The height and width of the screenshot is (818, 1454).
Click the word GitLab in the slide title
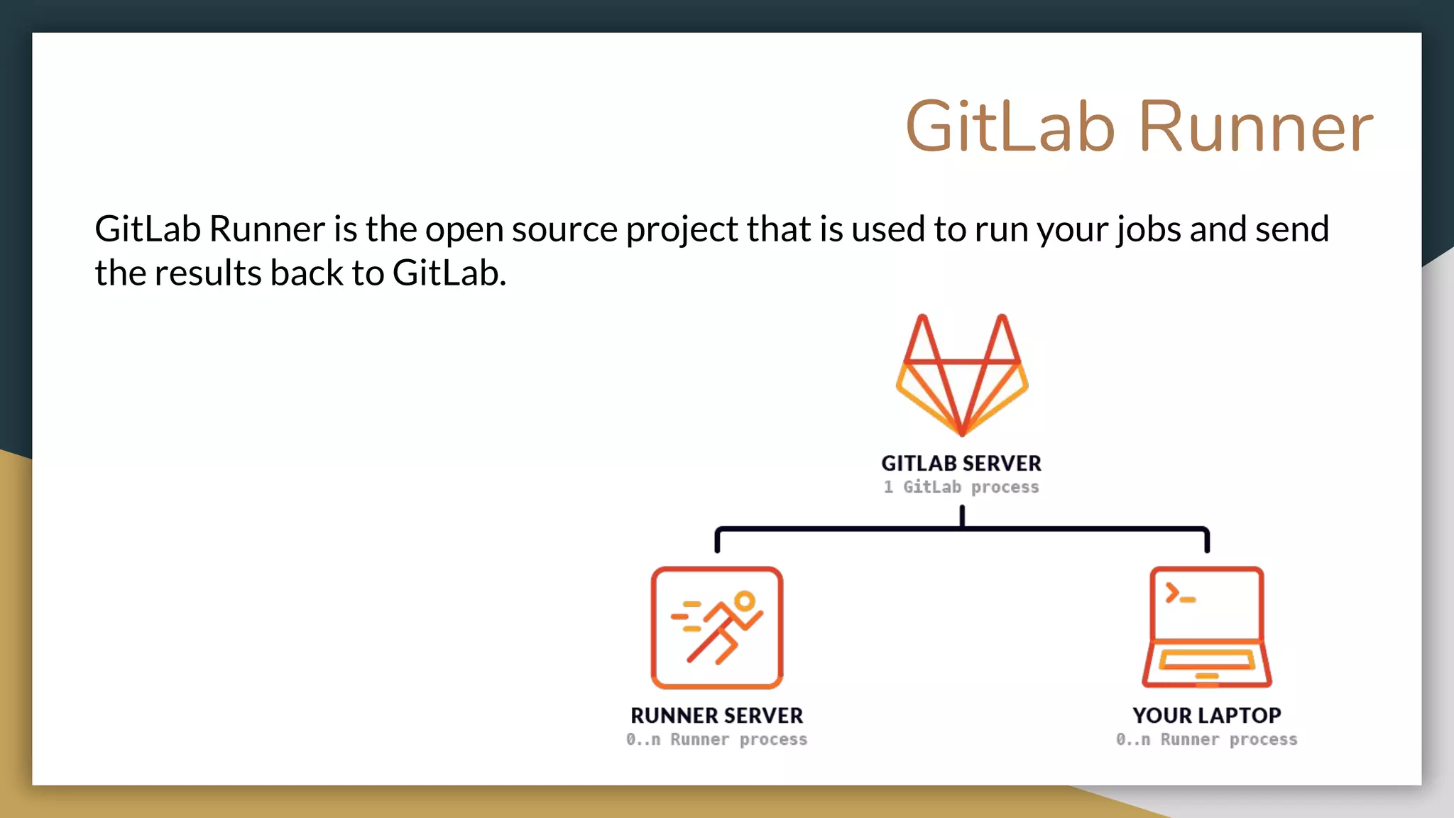(x=1011, y=128)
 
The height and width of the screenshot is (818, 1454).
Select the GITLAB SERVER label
(x=961, y=464)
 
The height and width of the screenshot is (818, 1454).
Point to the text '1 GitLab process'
(x=961, y=487)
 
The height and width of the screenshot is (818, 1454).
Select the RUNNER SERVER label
(x=717, y=715)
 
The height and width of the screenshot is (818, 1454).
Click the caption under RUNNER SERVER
(x=717, y=740)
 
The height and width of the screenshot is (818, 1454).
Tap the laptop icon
(x=1207, y=628)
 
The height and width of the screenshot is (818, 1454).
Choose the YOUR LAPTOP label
(x=1207, y=715)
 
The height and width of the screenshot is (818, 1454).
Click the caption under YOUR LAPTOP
(x=1207, y=740)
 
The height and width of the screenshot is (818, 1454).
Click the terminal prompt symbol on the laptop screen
(x=1180, y=594)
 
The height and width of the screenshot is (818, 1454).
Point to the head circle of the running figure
(x=744, y=601)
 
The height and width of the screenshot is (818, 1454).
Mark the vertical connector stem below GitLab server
(x=962, y=516)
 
